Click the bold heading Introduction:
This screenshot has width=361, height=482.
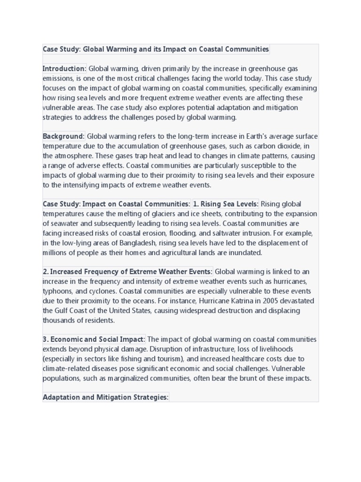(x=65, y=69)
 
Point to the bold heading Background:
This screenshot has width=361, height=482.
(x=64, y=137)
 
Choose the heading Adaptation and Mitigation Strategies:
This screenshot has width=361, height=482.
(x=105, y=397)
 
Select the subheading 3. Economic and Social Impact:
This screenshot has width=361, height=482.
(x=94, y=339)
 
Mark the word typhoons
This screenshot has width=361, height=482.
(x=57, y=291)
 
